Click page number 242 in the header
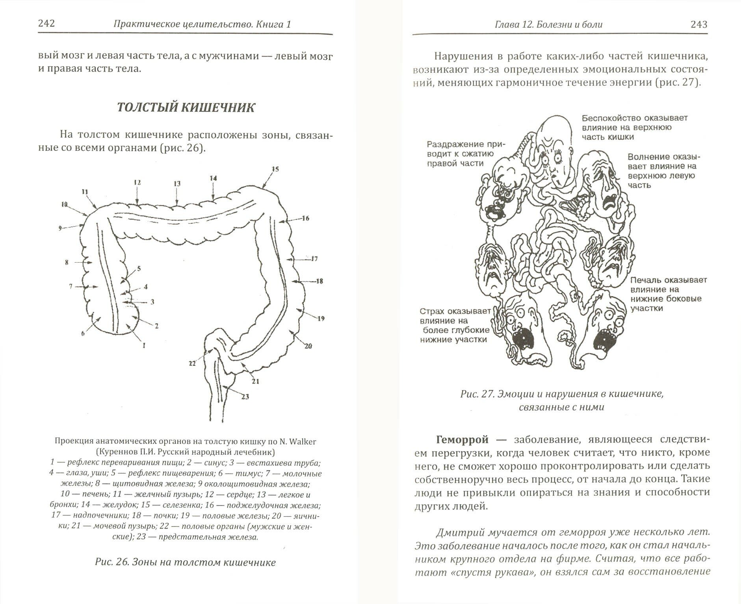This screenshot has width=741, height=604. (46, 24)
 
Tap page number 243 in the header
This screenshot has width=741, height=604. (699, 24)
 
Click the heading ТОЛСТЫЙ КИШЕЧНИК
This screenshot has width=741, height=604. (186, 108)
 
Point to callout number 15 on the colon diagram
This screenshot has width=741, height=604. (275, 169)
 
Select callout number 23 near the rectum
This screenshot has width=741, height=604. (245, 396)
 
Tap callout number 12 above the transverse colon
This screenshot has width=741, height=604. (137, 182)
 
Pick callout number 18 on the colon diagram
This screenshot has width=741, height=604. (319, 281)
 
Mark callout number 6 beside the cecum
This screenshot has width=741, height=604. (83, 333)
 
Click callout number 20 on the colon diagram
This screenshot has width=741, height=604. (308, 346)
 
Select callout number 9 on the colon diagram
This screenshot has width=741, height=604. (60, 228)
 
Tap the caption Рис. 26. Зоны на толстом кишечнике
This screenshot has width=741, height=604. (185, 562)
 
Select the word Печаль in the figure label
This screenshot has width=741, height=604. (646, 280)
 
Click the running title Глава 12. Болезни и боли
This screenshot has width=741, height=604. (549, 24)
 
